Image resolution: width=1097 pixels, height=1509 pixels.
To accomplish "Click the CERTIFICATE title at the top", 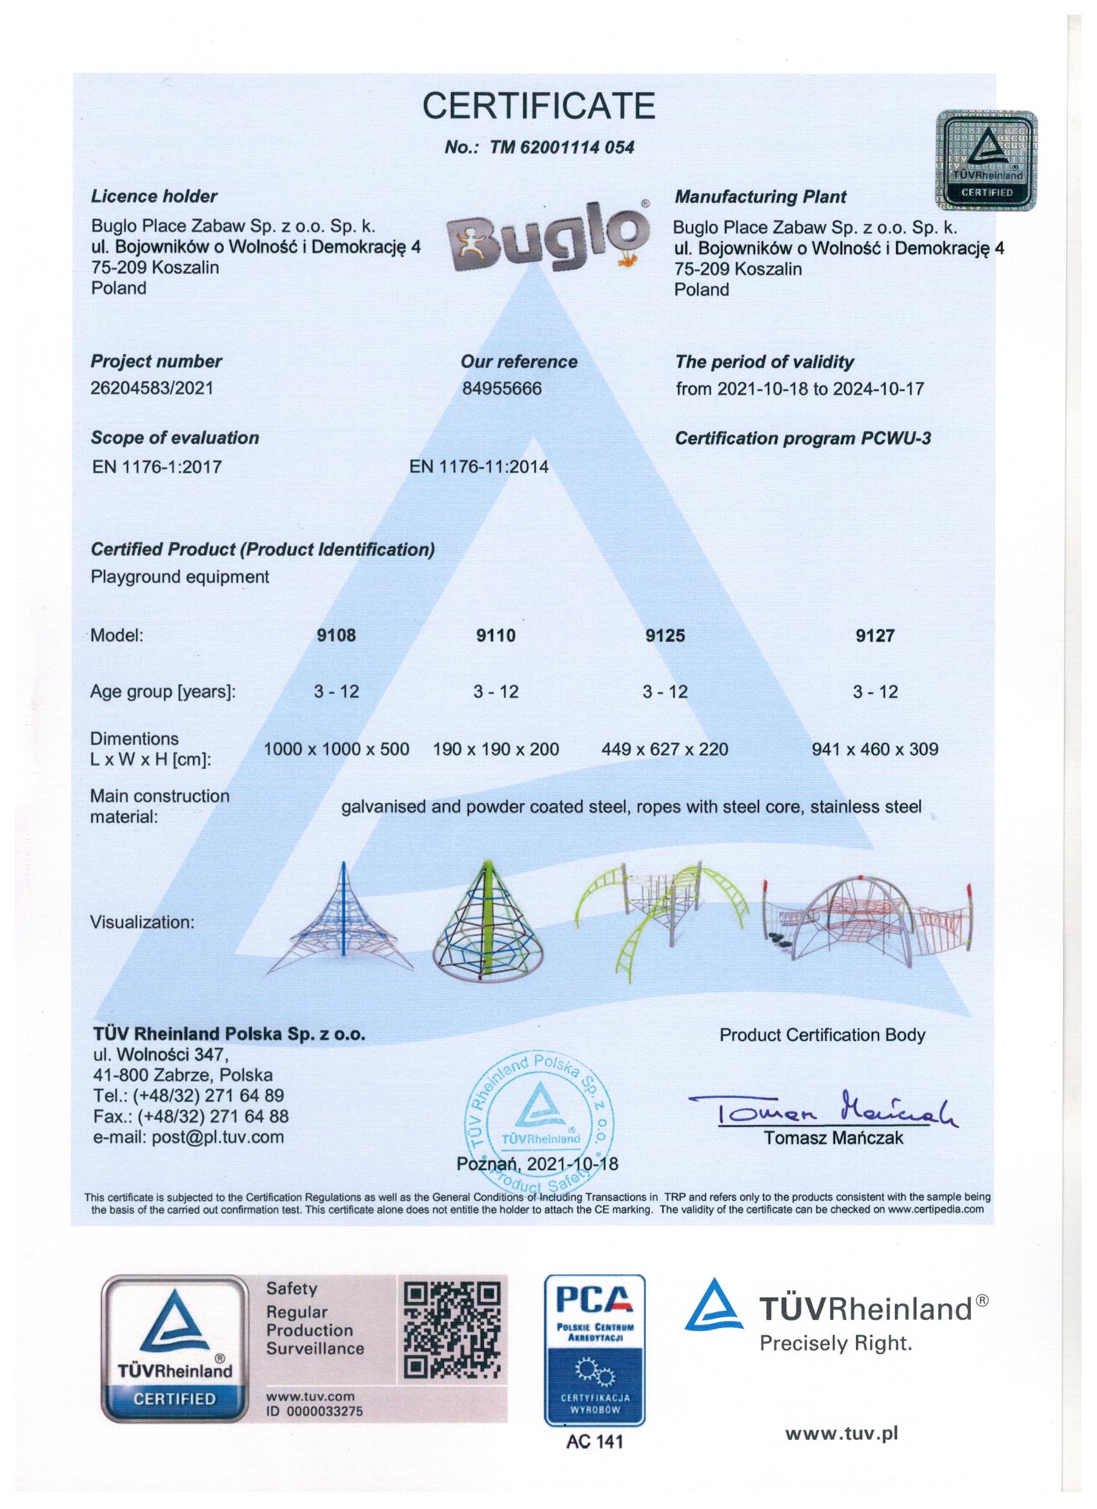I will coord(539,105).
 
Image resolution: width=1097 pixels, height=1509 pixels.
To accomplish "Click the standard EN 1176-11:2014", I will coord(479,467).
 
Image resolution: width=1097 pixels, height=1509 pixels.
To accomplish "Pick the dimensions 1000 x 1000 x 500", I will coord(337,749).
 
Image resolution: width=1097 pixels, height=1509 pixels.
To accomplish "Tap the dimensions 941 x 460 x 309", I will coord(875,749).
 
